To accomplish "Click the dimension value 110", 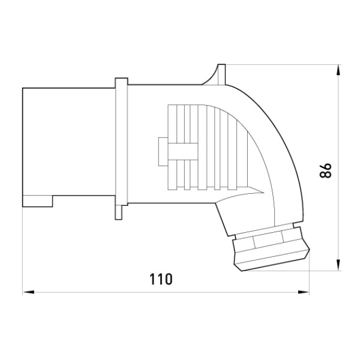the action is tap(161, 279).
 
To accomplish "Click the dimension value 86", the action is tap(326, 170).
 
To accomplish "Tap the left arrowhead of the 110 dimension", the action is tap(28, 292).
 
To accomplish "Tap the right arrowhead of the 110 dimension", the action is tap(304, 292).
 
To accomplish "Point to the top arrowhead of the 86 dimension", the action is tap(338, 70).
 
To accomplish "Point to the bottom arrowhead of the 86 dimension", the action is tap(338, 265).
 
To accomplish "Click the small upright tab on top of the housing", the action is tap(221, 74).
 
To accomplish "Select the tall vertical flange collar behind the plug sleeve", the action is tap(121, 142).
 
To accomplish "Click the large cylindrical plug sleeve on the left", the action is tap(68, 147).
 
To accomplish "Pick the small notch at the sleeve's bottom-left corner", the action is tap(38, 201).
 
